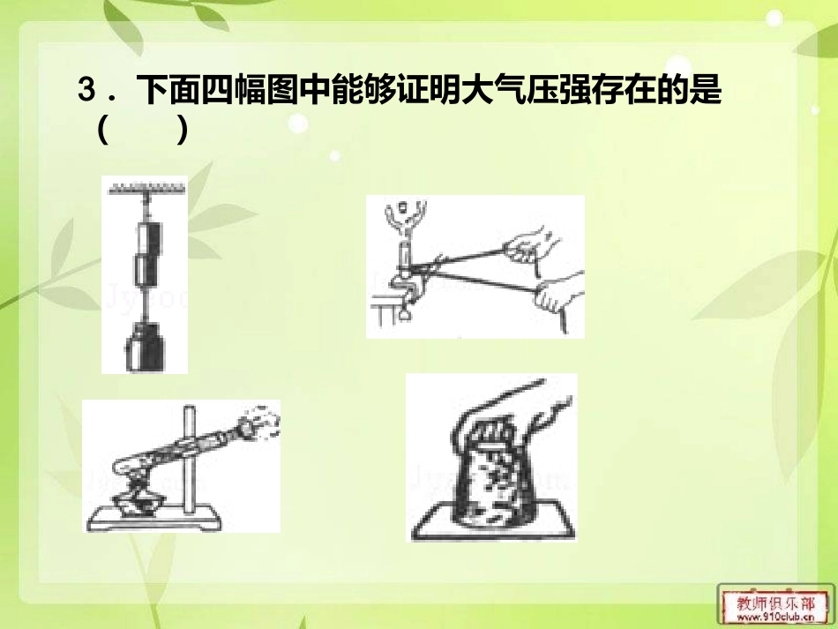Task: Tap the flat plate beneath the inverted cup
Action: tap(490, 528)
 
